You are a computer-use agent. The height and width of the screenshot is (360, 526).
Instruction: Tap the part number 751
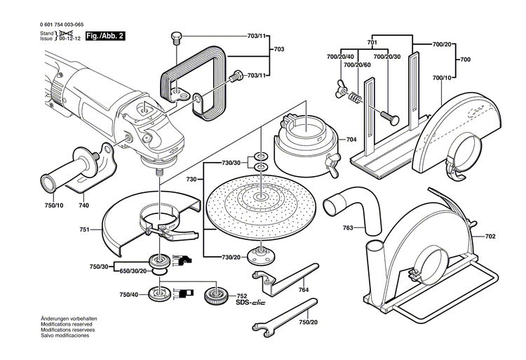[85, 229]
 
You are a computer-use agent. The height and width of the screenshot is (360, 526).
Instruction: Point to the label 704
[351, 140]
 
